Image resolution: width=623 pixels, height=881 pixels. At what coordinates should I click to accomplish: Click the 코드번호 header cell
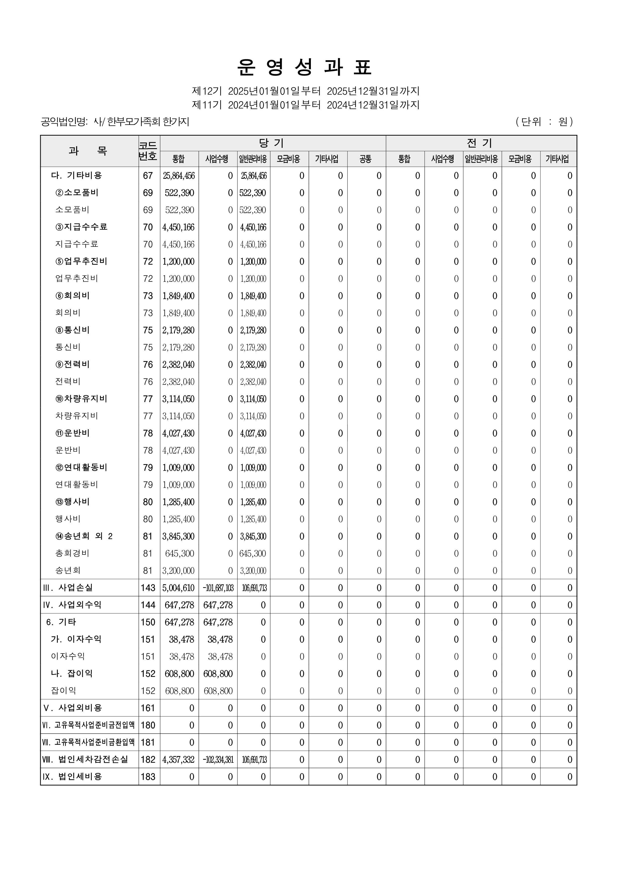click(149, 151)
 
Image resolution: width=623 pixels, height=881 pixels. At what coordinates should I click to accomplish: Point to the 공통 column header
click(366, 159)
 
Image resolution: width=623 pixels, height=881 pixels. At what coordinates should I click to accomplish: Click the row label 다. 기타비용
click(76, 176)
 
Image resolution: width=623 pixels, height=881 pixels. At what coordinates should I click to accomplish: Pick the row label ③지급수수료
click(81, 227)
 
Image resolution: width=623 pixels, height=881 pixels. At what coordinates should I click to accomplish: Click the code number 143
click(148, 588)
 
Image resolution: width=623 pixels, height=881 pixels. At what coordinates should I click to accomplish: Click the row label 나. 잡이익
click(72, 674)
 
